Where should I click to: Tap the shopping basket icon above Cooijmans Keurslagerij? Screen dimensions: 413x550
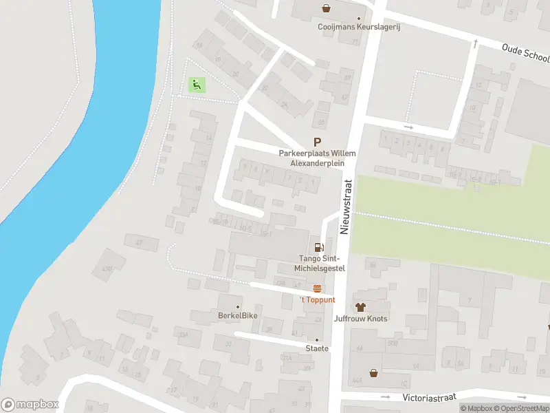(327, 8)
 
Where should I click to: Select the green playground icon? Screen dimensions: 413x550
(197, 85)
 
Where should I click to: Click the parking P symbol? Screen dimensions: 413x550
(318, 141)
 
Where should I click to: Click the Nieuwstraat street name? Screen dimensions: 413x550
(347, 200)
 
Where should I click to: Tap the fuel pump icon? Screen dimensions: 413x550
(318, 247)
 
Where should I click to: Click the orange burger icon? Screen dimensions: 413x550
(317, 288)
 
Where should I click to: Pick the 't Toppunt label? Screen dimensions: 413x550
(317, 300)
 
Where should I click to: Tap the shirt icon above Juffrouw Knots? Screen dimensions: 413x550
(360, 306)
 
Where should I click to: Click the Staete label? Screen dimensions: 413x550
(317, 349)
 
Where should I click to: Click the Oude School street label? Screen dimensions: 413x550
(526, 52)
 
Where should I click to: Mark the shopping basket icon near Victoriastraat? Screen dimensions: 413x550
(373, 372)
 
